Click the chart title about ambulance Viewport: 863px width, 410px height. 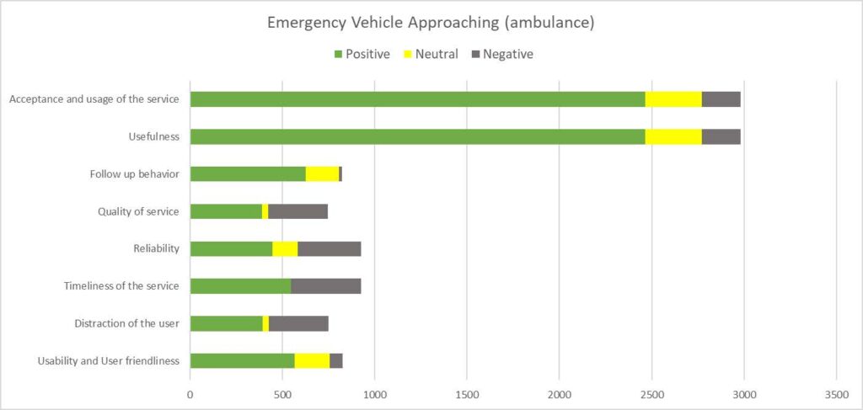pyautogui.click(x=431, y=23)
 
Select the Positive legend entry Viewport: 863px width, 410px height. pyautogui.click(x=362, y=54)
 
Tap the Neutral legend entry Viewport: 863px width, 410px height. pyautogui.click(x=430, y=54)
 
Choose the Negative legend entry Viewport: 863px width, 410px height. pyautogui.click(x=501, y=54)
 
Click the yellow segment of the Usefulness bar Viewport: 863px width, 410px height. pyautogui.click(x=673, y=136)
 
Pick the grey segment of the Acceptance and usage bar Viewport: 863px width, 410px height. pyautogui.click(x=721, y=99)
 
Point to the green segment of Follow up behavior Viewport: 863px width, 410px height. pyautogui.click(x=248, y=174)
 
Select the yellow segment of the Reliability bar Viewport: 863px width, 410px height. pyautogui.click(x=285, y=248)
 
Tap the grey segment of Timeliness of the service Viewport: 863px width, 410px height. pyautogui.click(x=325, y=285)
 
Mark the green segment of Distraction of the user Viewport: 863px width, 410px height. pyautogui.click(x=226, y=323)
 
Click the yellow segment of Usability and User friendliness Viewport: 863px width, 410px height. pyautogui.click(x=312, y=360)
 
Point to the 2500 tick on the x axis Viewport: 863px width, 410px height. pyautogui.click(x=651, y=392)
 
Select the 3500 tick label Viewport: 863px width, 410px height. pyautogui.click(x=836, y=392)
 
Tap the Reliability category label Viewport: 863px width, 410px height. pyautogui.click(x=156, y=248)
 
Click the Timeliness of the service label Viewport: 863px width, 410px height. pyautogui.click(x=121, y=285)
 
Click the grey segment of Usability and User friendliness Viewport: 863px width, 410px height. pyautogui.click(x=335, y=360)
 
